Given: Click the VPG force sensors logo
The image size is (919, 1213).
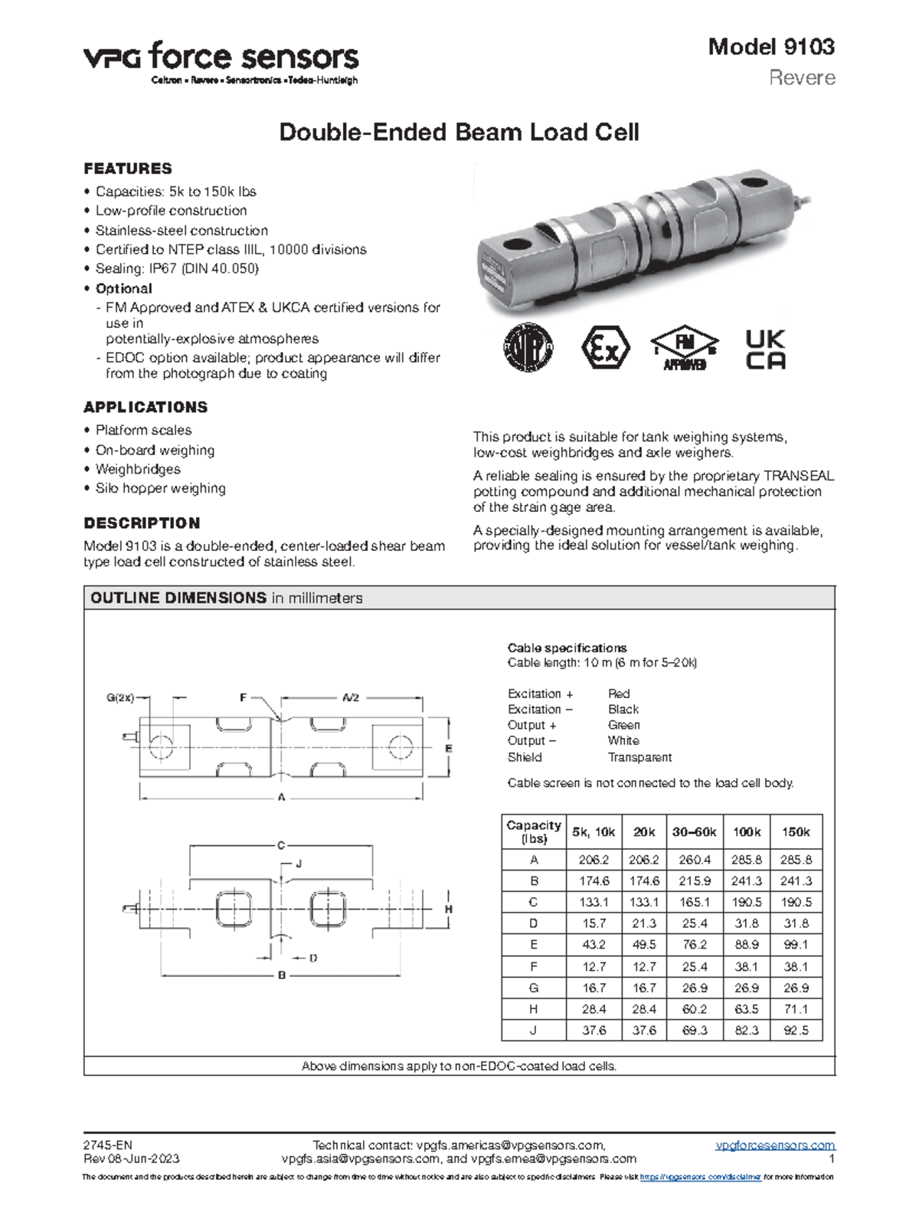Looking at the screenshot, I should pos(221,61).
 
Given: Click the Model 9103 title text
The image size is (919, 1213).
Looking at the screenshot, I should pos(770,47).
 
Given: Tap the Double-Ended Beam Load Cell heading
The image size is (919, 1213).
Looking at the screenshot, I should pos(459,133).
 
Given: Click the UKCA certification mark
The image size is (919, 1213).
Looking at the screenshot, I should pos(765,350).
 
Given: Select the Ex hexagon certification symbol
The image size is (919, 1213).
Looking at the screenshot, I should pos(605,349).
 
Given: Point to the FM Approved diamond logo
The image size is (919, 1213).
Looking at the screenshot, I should pos(684,349).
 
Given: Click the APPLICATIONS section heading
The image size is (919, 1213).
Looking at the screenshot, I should pos(146,407).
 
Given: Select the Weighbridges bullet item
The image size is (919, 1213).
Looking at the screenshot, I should pos(138,469).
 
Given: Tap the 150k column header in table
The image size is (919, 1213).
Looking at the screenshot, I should pos(796,832).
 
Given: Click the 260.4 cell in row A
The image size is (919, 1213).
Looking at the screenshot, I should pos(695,860).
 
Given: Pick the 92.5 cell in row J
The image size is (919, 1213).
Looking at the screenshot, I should pos(796,1031).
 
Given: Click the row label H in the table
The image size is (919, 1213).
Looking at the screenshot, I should pos(534,1009).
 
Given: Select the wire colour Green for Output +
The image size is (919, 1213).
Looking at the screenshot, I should pos(623,725).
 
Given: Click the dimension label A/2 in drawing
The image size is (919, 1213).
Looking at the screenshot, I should pos(351,698).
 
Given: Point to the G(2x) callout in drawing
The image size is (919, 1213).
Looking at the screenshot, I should pos(120,697).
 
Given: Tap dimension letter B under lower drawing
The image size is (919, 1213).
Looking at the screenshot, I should pos(282,975).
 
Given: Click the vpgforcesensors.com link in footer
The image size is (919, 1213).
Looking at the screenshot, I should pos(775,1146).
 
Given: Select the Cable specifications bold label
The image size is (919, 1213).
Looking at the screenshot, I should pos(567,647).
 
